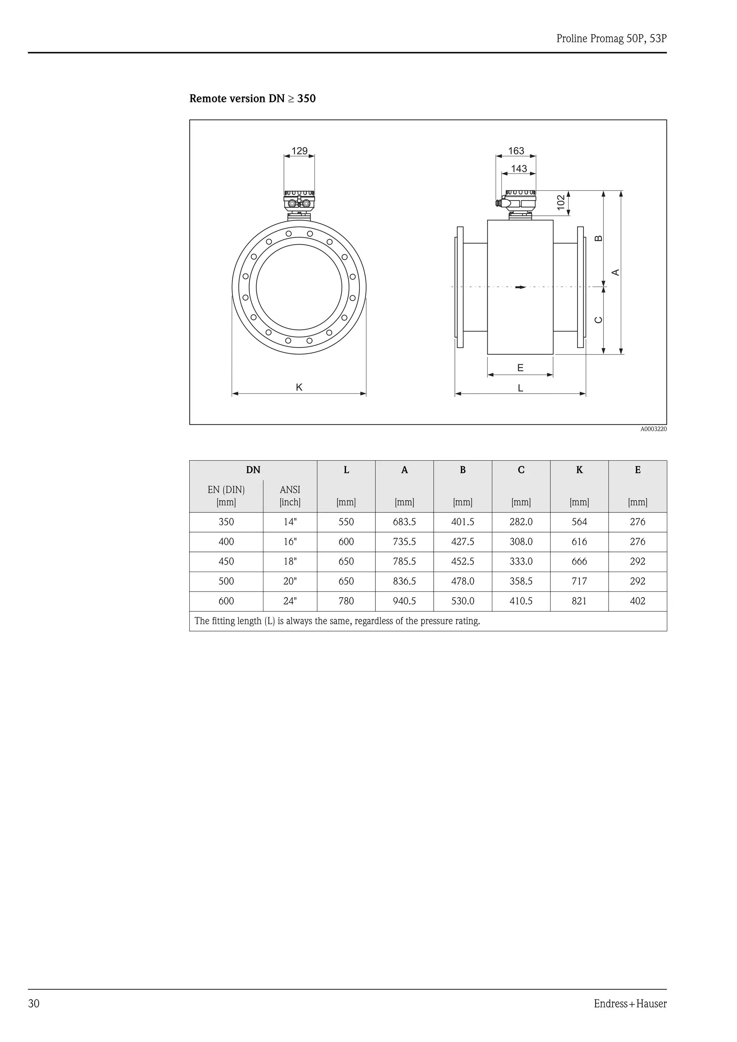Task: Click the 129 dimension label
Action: click(x=299, y=151)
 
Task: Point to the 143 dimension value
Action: click(x=519, y=169)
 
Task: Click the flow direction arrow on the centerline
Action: click(x=520, y=287)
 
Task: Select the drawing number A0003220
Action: click(x=654, y=429)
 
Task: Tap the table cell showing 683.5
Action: click(x=404, y=522)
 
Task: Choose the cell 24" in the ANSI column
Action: click(x=290, y=601)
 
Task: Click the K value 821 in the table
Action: click(x=579, y=601)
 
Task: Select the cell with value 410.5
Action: click(x=521, y=601)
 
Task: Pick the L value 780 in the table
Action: click(x=346, y=601)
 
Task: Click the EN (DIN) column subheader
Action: click(x=226, y=490)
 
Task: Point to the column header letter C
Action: click(x=521, y=470)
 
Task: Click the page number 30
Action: click(x=34, y=1004)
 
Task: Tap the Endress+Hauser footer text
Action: click(x=630, y=1004)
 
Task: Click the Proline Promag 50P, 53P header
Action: click(x=611, y=38)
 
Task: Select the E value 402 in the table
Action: click(x=638, y=601)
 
